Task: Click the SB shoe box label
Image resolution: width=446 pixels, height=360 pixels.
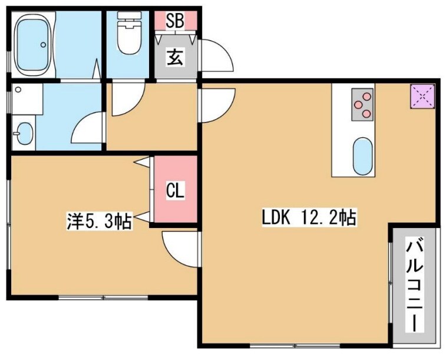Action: [x=175, y=21]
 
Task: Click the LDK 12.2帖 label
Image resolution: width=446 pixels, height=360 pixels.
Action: [x=309, y=218]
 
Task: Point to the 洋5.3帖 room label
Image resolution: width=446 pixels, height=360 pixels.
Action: [x=98, y=222]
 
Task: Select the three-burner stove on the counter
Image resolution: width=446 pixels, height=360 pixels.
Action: [x=363, y=104]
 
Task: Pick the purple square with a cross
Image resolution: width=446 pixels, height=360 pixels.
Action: [x=422, y=96]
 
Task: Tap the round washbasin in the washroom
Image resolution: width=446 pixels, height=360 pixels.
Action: [x=23, y=133]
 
